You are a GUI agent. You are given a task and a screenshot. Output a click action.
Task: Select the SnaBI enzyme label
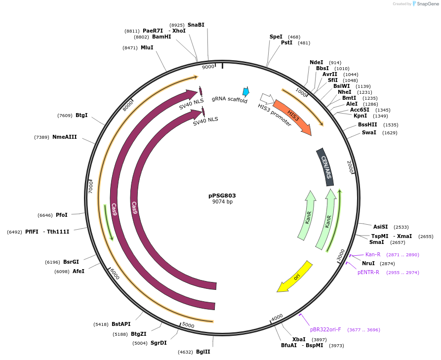click(x=196, y=25)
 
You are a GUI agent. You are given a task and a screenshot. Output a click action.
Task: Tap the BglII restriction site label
click(x=203, y=352)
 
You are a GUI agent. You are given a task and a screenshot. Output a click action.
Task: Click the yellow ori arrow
click(x=295, y=277)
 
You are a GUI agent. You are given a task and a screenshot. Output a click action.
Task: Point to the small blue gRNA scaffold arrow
click(x=245, y=91)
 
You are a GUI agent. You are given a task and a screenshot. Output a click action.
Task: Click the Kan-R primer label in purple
click(x=373, y=254)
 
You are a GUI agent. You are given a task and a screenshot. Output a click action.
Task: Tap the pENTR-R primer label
click(x=368, y=272)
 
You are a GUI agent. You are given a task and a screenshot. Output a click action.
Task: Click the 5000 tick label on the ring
click(x=188, y=325)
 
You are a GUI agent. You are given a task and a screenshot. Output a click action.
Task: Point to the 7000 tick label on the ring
click(x=91, y=187)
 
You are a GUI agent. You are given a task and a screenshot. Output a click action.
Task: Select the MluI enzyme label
click(x=147, y=47)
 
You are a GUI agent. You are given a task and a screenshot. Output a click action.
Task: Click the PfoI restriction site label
click(x=62, y=215)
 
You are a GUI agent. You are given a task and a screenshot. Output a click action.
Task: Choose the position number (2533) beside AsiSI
click(x=401, y=227)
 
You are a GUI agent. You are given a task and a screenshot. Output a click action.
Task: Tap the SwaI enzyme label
click(x=369, y=132)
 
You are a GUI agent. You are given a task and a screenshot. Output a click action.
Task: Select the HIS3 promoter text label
click(x=274, y=115)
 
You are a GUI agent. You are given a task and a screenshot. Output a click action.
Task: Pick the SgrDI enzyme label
click(x=159, y=343)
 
